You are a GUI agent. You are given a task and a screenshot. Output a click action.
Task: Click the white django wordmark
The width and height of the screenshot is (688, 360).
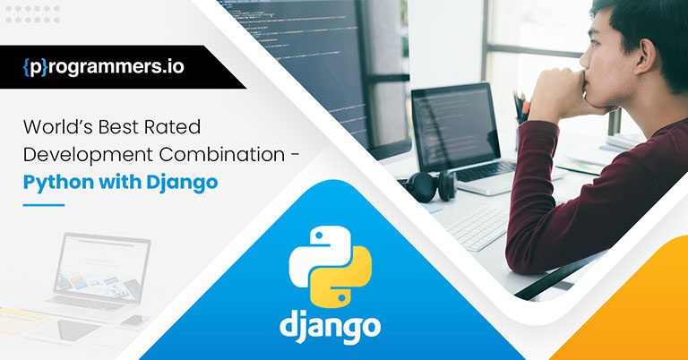329,324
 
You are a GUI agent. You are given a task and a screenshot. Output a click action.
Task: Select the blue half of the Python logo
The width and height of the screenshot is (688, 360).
313,248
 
